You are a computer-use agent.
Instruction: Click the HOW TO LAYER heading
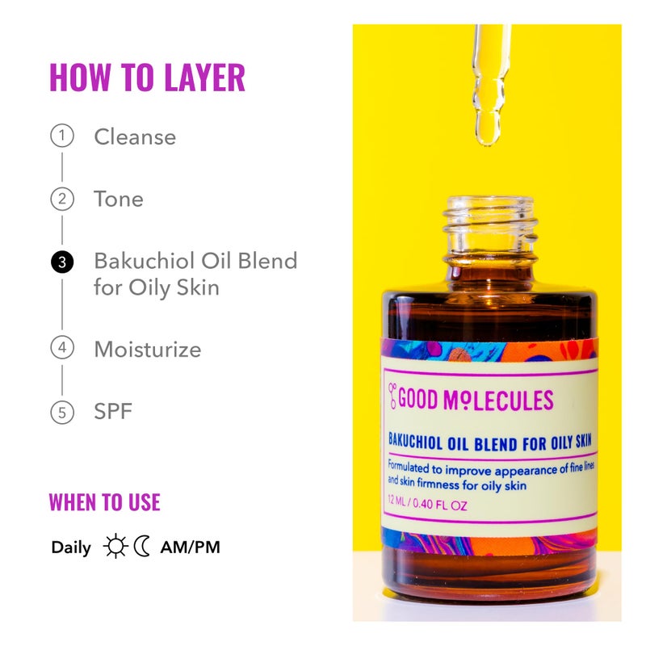147,78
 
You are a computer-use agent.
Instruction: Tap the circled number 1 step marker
61,136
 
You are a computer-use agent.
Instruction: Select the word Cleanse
135,136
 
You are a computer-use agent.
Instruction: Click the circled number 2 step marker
61,199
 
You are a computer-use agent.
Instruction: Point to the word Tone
119,199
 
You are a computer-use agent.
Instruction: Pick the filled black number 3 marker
61,262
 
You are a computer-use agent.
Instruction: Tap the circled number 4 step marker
61,349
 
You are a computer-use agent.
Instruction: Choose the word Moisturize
148,350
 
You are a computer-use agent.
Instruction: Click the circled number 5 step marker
61,412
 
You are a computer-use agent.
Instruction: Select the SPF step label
113,412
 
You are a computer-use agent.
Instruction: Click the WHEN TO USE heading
104,501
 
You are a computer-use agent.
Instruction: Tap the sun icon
115,547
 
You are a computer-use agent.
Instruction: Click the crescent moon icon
143,547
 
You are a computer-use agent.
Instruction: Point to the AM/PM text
190,547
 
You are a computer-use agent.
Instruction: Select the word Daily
71,547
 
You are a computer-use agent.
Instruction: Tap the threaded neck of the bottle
490,222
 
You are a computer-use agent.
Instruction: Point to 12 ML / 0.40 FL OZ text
427,506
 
